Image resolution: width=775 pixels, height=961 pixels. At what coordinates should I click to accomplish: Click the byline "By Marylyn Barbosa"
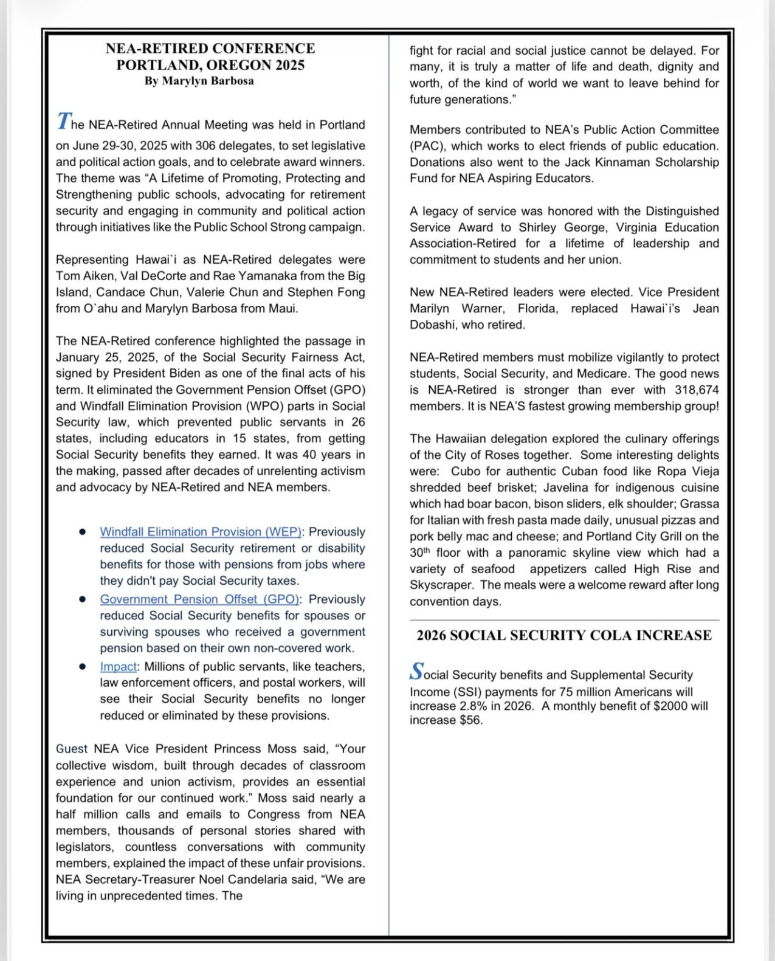click(x=199, y=81)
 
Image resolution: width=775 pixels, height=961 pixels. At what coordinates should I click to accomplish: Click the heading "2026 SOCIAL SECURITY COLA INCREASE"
click(x=563, y=635)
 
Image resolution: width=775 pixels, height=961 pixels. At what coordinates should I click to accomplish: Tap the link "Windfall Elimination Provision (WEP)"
click(x=201, y=532)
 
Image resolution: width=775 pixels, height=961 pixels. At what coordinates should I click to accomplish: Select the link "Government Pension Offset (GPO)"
click(x=199, y=599)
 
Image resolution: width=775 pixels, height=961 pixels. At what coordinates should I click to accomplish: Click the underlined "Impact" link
click(x=119, y=667)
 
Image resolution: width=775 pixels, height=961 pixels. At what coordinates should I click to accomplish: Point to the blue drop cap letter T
click(x=63, y=122)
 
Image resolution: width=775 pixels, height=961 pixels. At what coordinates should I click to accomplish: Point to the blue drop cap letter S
click(x=416, y=672)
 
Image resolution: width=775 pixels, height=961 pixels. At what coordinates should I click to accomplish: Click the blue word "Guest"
click(x=72, y=749)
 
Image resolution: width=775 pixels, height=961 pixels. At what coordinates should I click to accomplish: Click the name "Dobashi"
click(x=433, y=325)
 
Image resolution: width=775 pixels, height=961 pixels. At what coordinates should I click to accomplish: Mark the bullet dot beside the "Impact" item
click(x=82, y=667)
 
